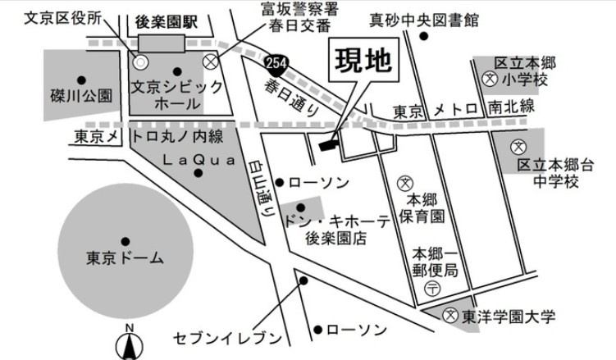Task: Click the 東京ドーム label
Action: pos(125,258)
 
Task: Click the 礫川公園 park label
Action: pos(80,96)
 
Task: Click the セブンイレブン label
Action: pos(229,338)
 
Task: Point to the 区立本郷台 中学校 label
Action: pos(548,172)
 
